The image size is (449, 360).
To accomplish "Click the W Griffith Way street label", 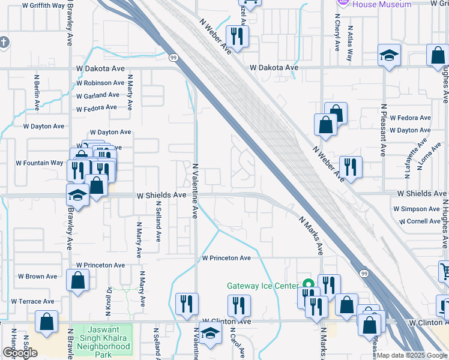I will [43, 5].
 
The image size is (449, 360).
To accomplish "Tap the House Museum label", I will [382, 4].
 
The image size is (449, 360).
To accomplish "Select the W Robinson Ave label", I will [100, 83].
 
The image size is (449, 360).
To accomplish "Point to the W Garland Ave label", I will [98, 95].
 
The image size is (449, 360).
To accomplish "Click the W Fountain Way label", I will [40, 163].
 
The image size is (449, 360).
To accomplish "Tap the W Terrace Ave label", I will [38, 301].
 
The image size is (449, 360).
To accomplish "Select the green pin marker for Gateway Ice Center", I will [309, 285].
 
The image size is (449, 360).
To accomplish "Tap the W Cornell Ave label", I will [417, 221].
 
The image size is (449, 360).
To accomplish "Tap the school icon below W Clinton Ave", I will [210, 334].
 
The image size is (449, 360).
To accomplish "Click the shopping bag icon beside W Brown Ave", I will [78, 280].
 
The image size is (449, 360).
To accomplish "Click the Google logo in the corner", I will [20, 353].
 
